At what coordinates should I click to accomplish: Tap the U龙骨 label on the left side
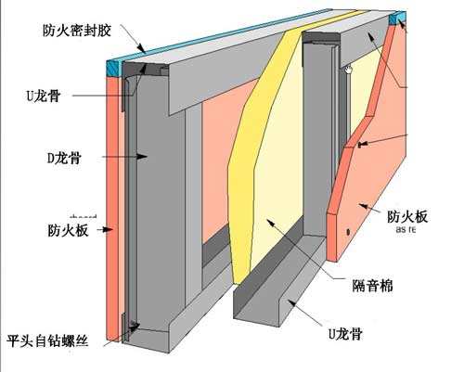pyautogui.click(x=43, y=94)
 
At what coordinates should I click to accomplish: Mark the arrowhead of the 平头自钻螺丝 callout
pyautogui.click(x=139, y=325)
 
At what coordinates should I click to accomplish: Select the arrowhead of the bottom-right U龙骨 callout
pyautogui.click(x=286, y=299)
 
